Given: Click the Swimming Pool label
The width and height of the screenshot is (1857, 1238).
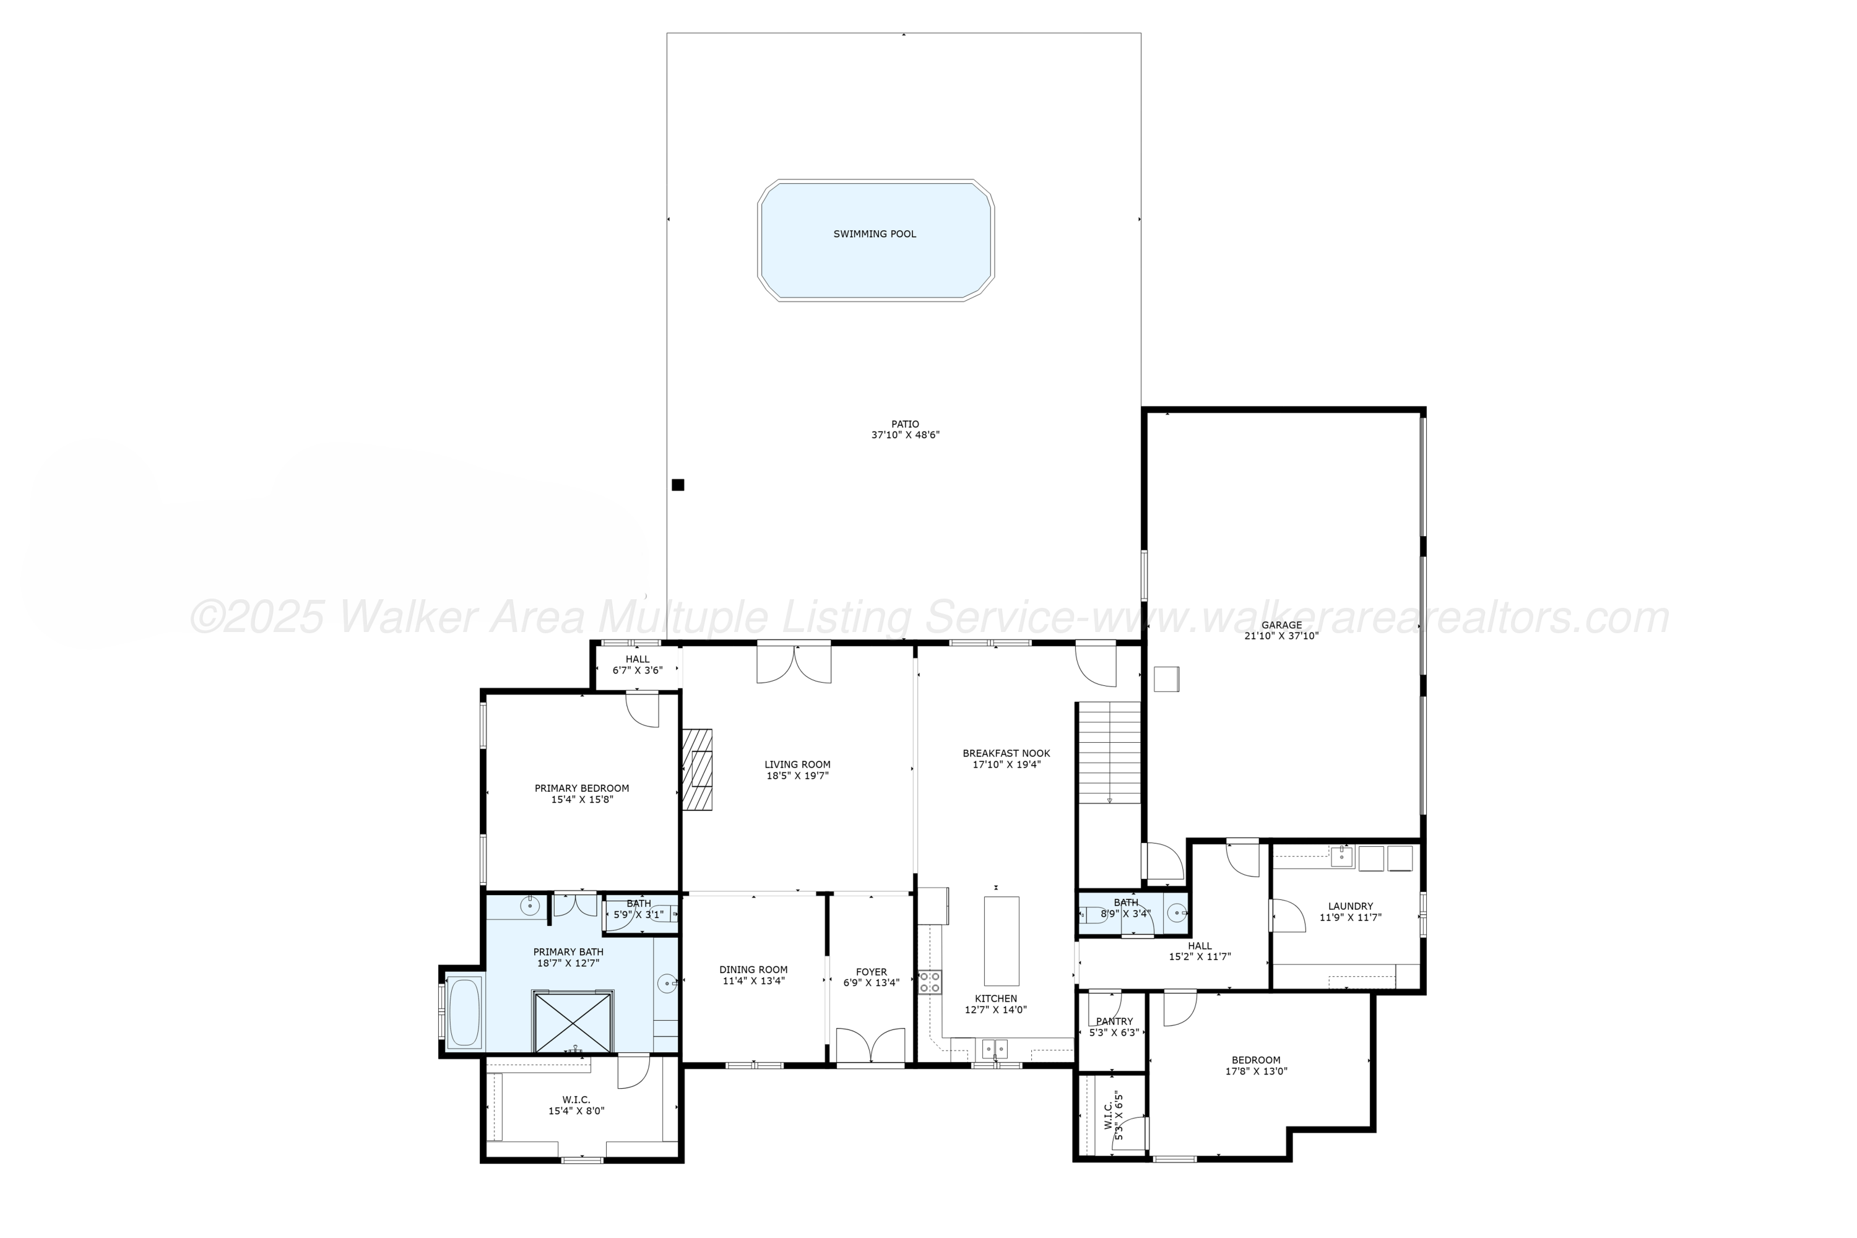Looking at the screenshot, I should pyautogui.click(x=874, y=234).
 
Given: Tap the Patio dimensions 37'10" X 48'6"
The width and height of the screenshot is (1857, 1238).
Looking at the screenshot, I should pyautogui.click(x=905, y=435).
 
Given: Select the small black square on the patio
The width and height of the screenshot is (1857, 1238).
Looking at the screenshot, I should pyautogui.click(x=677, y=485).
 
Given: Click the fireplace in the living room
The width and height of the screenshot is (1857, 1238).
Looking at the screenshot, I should pyautogui.click(x=698, y=769).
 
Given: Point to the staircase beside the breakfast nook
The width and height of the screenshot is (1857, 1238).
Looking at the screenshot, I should pyautogui.click(x=1109, y=753).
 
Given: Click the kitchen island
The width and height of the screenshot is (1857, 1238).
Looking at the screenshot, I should pyautogui.click(x=1001, y=940).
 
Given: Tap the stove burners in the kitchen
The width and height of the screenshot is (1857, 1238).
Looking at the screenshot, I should pyautogui.click(x=929, y=982).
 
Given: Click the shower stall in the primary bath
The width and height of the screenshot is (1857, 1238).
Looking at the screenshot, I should pyautogui.click(x=573, y=1023).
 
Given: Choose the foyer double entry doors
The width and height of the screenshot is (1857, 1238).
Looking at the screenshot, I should pyautogui.click(x=870, y=1046).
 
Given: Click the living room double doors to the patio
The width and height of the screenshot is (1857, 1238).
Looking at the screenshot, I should pyautogui.click(x=794, y=663).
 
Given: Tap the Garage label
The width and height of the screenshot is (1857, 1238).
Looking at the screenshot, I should pyautogui.click(x=1281, y=625).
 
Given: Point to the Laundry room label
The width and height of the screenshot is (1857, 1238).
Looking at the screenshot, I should pyautogui.click(x=1350, y=906).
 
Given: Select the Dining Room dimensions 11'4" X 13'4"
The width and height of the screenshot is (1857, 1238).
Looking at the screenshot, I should pyautogui.click(x=753, y=981).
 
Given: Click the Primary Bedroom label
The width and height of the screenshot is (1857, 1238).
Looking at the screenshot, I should pyautogui.click(x=582, y=788).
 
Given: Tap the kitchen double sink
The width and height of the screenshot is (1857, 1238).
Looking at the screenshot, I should pyautogui.click(x=994, y=1049).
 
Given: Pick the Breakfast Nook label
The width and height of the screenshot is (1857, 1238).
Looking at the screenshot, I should pyautogui.click(x=1006, y=753).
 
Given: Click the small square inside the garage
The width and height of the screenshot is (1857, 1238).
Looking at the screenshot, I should pyautogui.click(x=1166, y=679).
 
